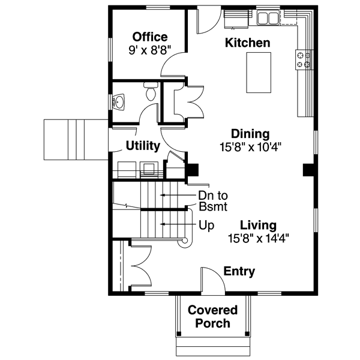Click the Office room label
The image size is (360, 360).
(150, 37)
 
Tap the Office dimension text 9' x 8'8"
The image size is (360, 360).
(150, 50)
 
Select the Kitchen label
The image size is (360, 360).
(247, 43)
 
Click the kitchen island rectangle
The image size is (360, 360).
(259, 73)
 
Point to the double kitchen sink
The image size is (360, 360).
(268, 19)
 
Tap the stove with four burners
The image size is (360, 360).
(303, 59)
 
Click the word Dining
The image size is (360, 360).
(251, 133)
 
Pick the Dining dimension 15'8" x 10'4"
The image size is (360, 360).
(251, 146)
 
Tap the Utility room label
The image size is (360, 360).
(142, 146)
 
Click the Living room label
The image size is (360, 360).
(258, 226)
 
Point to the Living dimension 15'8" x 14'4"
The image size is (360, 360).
(258, 238)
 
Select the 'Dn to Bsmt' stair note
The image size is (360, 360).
(212, 200)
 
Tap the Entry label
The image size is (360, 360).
(239, 272)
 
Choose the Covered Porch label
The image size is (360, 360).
(212, 317)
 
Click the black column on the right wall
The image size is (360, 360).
(308, 170)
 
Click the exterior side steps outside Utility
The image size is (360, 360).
(75, 139)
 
